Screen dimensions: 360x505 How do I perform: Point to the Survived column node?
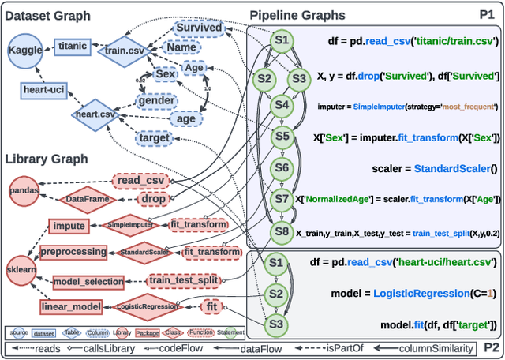198,28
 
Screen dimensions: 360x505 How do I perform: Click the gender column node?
156,100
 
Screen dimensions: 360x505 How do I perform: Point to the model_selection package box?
88,281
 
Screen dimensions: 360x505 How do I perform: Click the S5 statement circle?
281,136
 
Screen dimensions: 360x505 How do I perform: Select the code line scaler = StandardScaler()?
435,168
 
